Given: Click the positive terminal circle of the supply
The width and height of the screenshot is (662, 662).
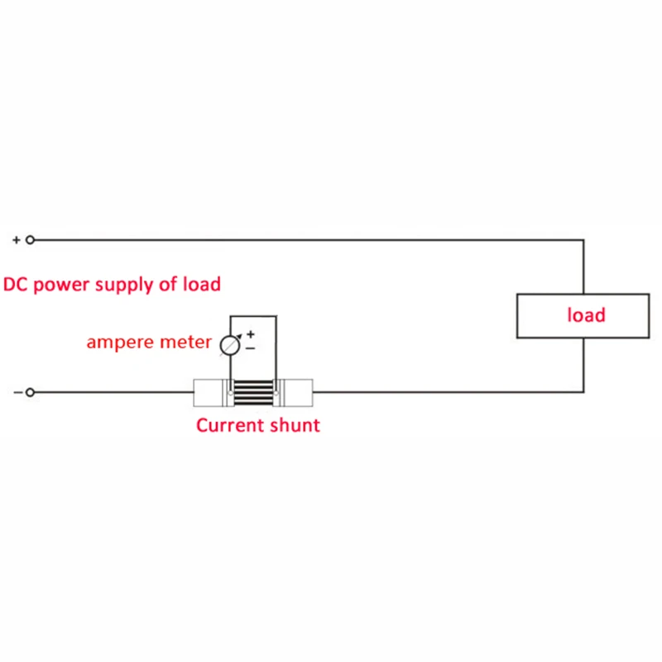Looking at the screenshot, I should coord(31,240).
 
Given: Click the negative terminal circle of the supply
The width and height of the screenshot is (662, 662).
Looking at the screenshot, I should coord(31,391).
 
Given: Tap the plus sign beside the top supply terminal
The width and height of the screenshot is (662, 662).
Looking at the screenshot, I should coord(16,240).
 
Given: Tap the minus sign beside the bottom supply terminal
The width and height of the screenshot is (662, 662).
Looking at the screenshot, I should coord(17,391).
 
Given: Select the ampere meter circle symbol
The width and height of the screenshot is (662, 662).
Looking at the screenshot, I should coord(229,344).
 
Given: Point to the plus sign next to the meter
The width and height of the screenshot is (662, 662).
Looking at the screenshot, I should coord(251,335).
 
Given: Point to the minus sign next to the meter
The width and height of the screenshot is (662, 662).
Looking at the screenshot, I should coord(251,349).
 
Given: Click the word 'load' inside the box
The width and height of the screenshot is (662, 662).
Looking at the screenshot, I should coord(586,315).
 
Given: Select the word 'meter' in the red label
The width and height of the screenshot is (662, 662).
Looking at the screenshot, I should coord(185,343).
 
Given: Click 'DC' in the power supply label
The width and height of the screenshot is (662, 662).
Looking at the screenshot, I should coord(17,285).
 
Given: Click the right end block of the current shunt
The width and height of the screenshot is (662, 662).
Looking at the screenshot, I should coord(295,392).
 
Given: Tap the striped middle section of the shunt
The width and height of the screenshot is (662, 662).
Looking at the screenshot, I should coord(252,392).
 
